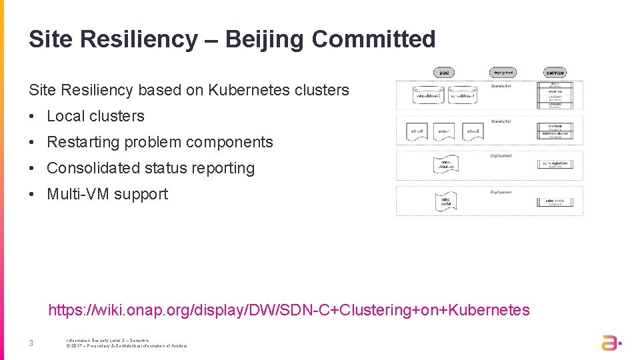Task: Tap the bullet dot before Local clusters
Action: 32,116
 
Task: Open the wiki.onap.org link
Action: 289,310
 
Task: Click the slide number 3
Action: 31,343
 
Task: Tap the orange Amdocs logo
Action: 611,343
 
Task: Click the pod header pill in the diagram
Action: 444,72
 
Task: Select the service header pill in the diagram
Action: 555,72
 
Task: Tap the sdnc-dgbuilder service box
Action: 555,164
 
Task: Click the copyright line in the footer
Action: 127,346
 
